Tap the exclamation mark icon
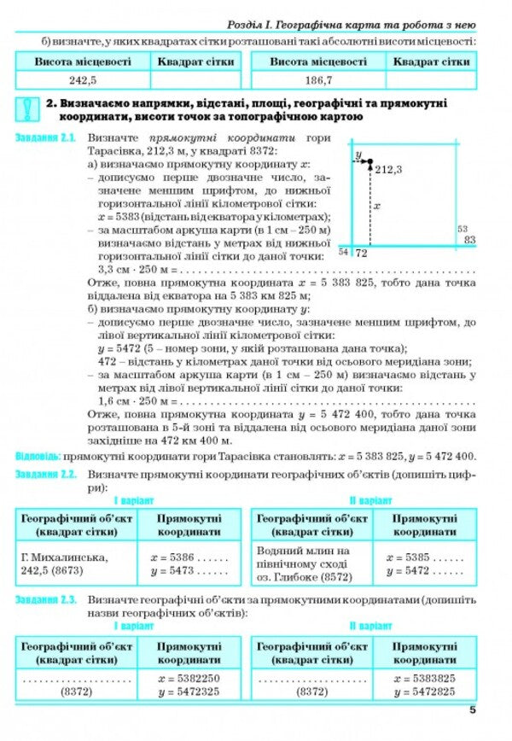click(28, 109)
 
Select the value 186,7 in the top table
click(317, 80)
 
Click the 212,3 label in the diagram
click(387, 170)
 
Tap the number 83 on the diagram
click(469, 242)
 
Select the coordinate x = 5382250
click(189, 678)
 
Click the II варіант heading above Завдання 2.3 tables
click(368, 626)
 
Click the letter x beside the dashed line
click(377, 207)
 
